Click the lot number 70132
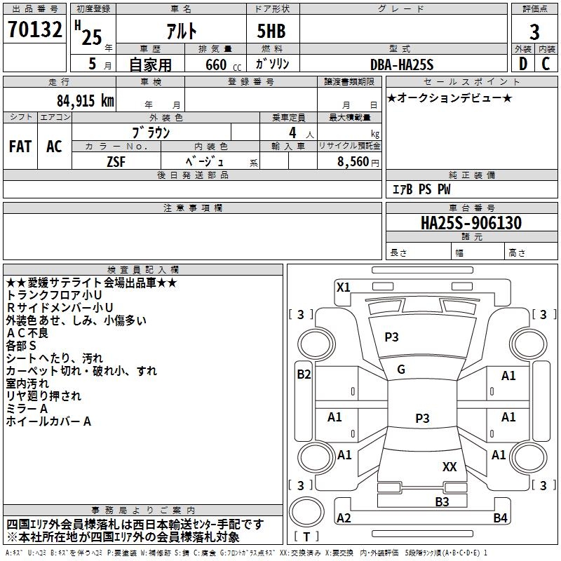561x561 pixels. (x=35, y=32)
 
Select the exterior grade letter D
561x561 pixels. (x=522, y=63)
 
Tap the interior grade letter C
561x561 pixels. (x=546, y=63)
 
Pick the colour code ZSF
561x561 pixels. (x=116, y=161)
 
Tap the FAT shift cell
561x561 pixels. (x=20, y=147)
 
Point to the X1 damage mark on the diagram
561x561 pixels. (x=343, y=287)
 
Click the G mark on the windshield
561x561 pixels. (x=400, y=370)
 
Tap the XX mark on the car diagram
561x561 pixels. (x=450, y=466)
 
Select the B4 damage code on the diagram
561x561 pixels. (x=499, y=518)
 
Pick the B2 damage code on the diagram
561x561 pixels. (x=303, y=374)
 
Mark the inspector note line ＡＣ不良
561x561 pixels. (x=27, y=333)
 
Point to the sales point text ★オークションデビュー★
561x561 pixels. (x=450, y=97)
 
